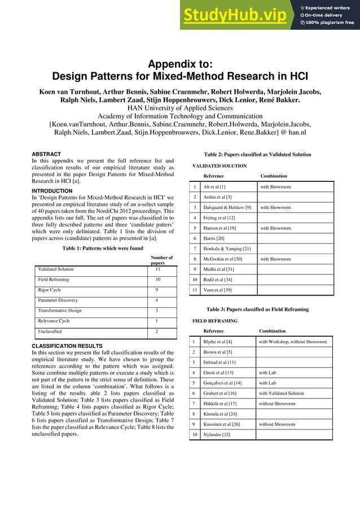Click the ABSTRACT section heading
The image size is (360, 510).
46,154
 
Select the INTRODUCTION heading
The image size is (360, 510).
52,191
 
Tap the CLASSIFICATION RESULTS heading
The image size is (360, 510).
67,346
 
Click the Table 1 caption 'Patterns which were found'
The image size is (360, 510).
103,248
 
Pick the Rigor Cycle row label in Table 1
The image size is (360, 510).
50,290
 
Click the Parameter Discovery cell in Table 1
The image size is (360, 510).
58,300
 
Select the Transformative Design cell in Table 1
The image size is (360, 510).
60,311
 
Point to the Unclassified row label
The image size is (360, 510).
49,331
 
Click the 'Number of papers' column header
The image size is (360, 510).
161,260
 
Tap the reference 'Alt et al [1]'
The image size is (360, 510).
214,187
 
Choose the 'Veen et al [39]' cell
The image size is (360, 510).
217,290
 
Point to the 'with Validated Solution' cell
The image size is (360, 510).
282,393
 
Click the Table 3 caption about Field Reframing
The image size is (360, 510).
257,310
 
